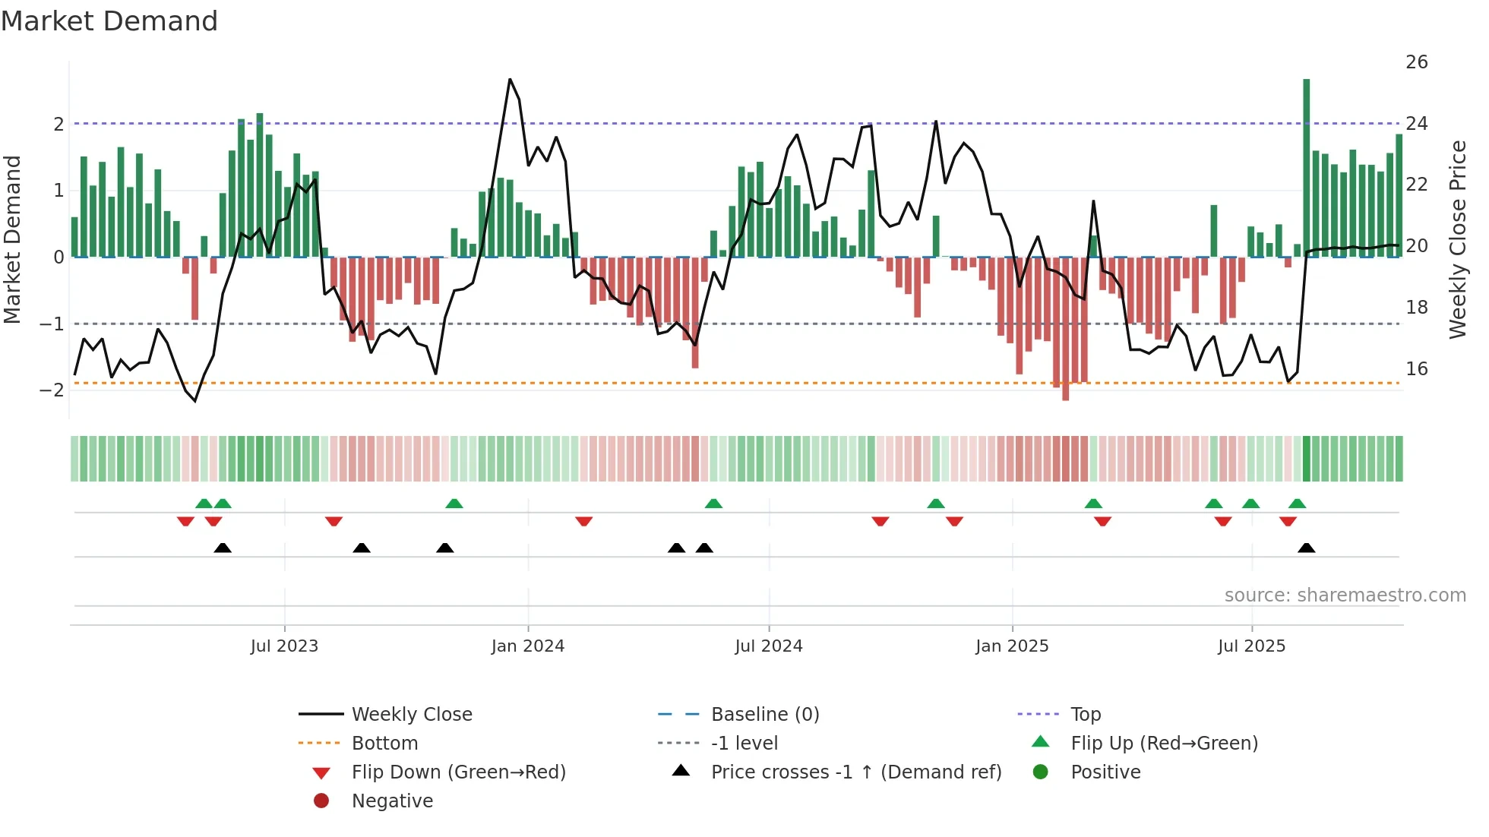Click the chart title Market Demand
(109, 21)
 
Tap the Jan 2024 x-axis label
(527, 646)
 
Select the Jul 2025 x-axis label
(1251, 646)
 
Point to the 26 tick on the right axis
(1416, 62)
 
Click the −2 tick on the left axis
(52, 390)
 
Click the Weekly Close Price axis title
(1457, 239)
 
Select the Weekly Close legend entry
(411, 715)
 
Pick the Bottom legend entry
(384, 744)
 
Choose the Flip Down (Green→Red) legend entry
(458, 772)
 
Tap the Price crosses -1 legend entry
(855, 772)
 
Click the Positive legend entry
(1105, 772)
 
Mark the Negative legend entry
(392, 801)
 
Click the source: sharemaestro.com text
(1345, 595)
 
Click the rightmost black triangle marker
(1306, 548)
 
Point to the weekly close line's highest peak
(510, 80)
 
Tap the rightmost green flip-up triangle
(1297, 504)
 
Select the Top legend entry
(1085, 715)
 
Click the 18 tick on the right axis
(1416, 308)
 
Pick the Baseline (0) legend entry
(764, 715)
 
